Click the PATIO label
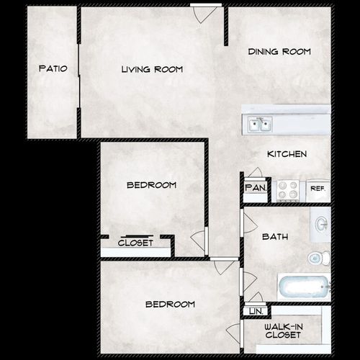point(53,69)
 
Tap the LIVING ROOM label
point(151,69)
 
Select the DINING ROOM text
point(279,52)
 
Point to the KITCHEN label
point(287,154)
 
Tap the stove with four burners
point(288,189)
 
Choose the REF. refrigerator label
point(318,189)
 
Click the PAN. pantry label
point(255,188)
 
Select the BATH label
point(275,235)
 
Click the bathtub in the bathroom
point(303,288)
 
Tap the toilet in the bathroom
point(318,258)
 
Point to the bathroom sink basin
point(321,225)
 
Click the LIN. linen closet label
point(255,311)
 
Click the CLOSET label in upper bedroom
point(135,243)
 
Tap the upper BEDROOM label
point(151,185)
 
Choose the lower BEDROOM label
point(170,304)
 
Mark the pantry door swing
point(254,173)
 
